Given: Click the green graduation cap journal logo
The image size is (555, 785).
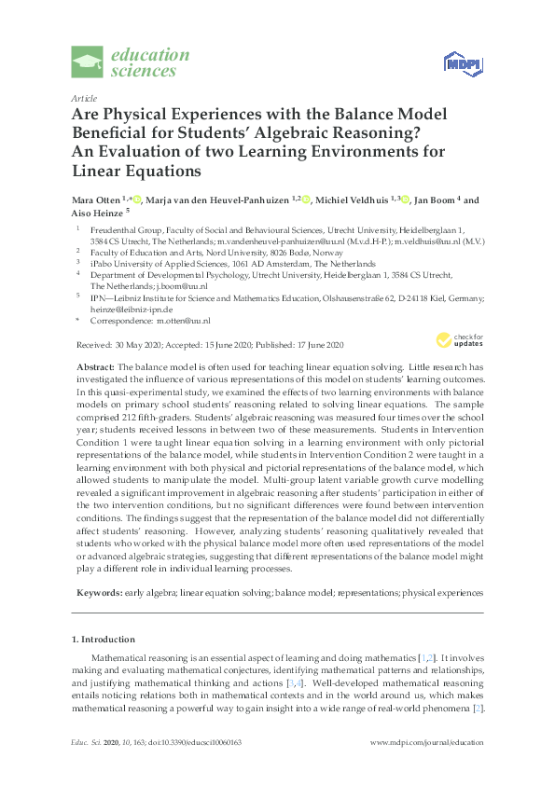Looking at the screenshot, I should (89, 63).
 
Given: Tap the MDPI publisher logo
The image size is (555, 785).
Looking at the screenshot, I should (462, 63).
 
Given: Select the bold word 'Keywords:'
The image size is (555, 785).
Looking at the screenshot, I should (98, 592).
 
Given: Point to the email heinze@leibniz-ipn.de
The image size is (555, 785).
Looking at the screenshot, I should (132, 308).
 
